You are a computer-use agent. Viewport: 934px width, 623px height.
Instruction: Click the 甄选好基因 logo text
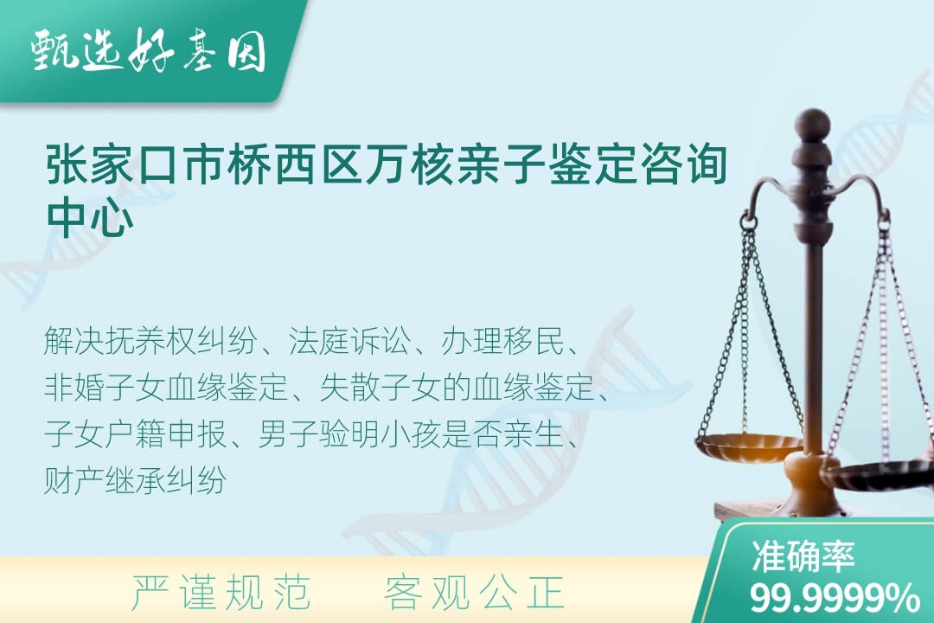click(149, 51)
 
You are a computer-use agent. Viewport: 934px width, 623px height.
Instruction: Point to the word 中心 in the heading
click(90, 216)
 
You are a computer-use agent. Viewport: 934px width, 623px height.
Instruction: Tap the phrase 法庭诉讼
click(349, 342)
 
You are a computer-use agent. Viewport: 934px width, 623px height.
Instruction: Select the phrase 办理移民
click(502, 342)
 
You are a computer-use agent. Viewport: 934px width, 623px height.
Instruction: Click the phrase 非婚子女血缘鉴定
click(166, 388)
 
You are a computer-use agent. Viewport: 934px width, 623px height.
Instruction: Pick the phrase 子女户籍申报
click(135, 434)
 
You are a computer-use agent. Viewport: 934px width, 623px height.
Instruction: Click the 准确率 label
click(803, 556)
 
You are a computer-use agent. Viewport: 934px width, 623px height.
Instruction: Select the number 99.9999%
click(835, 598)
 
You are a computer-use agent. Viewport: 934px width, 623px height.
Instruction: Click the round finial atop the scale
click(812, 124)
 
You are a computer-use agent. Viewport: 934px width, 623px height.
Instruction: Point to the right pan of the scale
click(879, 474)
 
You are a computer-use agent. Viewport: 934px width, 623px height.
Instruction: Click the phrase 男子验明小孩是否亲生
click(411, 434)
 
